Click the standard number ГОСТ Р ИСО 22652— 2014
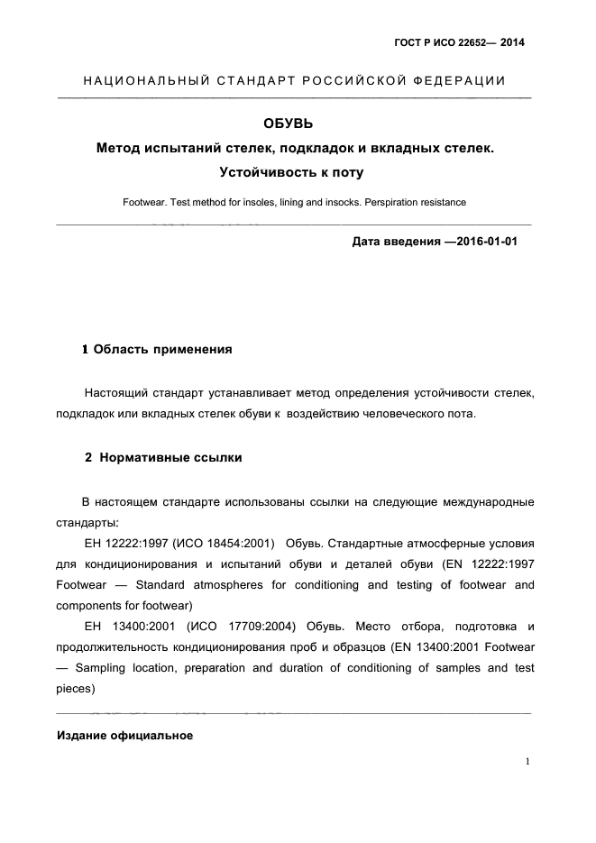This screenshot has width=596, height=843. (460, 42)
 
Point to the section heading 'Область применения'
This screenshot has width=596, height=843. (162, 349)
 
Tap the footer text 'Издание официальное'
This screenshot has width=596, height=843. (125, 736)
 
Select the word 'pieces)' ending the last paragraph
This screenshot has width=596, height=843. (76, 688)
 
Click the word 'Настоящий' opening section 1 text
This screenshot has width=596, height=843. (114, 393)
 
